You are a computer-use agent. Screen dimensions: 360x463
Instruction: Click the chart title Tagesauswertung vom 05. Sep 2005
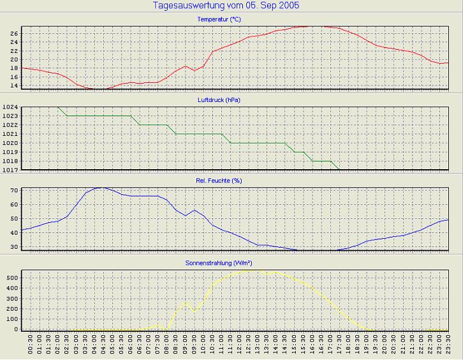(226, 5)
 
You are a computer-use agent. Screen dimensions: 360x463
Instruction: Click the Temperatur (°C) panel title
(219, 19)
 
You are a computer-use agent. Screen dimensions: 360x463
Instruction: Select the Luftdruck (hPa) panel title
(219, 100)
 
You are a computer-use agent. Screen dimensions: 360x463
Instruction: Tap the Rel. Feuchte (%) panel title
(219, 181)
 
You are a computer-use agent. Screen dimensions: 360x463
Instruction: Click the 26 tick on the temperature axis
(15, 33)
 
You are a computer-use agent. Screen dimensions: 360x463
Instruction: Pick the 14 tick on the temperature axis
(15, 86)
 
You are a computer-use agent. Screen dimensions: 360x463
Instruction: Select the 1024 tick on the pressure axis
(11, 107)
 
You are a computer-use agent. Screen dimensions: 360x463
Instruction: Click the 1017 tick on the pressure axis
(11, 170)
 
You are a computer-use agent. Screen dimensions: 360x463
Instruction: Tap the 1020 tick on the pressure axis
(11, 144)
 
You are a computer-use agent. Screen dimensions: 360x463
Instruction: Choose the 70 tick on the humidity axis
(15, 191)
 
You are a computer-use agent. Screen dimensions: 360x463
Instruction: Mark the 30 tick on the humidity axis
(15, 246)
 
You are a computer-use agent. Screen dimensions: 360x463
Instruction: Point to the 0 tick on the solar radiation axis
(17, 329)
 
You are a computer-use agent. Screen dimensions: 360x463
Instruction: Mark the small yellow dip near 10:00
(195, 311)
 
